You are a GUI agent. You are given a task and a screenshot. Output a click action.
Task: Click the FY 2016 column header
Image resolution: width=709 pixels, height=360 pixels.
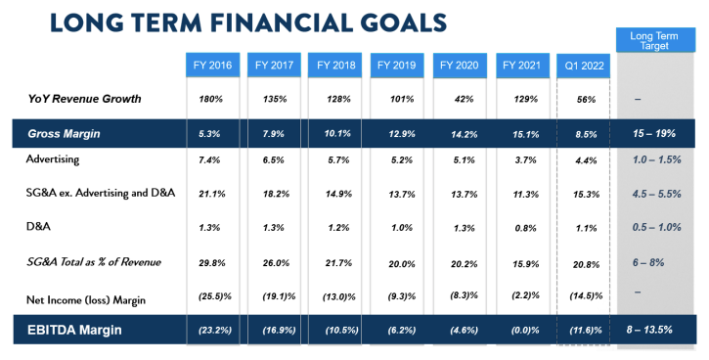(212, 66)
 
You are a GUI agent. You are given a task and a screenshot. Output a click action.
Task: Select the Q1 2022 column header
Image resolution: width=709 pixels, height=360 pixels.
(584, 66)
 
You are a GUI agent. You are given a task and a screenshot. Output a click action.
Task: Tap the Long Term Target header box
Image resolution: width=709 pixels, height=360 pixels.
(655, 40)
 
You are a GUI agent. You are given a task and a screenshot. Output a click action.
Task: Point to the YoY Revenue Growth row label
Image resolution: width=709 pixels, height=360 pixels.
(84, 99)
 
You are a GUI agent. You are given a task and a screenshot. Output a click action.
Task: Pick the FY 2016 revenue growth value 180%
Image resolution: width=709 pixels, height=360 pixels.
(210, 99)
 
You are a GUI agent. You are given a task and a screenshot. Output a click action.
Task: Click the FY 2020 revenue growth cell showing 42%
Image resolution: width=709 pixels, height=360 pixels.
(464, 99)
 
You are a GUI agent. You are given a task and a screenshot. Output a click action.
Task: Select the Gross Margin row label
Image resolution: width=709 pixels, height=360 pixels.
(64, 134)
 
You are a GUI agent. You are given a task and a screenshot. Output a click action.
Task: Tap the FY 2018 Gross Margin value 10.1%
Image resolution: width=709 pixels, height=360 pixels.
(337, 134)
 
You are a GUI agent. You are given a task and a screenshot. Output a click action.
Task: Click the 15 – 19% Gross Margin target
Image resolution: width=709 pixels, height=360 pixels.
(654, 133)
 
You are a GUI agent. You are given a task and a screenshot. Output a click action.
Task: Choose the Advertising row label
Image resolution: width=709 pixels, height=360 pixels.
(53, 159)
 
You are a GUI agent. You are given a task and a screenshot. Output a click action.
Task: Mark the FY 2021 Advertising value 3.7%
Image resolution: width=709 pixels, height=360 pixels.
(525, 160)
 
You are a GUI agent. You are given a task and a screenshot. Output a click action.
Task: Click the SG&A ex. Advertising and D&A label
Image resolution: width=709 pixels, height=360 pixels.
(101, 193)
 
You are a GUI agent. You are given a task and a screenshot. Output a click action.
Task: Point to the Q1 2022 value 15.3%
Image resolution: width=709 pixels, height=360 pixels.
(587, 195)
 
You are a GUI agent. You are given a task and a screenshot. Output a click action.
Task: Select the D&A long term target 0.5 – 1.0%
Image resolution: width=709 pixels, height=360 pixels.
(656, 227)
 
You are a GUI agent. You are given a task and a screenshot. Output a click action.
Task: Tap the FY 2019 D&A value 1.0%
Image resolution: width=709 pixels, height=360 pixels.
(402, 228)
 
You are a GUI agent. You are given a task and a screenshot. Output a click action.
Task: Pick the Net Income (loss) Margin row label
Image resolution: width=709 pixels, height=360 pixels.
(86, 300)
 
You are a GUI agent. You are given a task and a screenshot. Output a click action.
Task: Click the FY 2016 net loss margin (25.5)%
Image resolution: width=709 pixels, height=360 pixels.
(215, 296)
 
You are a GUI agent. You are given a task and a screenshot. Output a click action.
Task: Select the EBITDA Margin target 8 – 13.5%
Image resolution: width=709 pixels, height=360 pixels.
(649, 330)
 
